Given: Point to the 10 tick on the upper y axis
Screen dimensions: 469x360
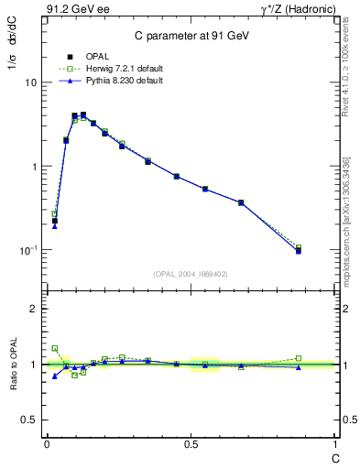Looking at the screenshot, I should [x=29, y=82].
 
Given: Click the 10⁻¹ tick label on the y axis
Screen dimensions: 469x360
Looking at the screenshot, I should [x=26, y=250].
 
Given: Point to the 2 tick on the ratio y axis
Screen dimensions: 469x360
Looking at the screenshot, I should [x=33, y=309].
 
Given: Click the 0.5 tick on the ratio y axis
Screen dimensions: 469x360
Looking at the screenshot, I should [x=29, y=420].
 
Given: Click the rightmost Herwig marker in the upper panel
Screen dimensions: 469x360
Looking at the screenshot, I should [x=299, y=247].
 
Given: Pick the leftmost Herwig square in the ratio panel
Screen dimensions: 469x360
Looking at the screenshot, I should [x=54, y=348].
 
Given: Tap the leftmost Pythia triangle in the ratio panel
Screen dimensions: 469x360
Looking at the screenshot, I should [x=54, y=376].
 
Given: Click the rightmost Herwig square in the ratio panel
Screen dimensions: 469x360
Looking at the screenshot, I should [x=299, y=358].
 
